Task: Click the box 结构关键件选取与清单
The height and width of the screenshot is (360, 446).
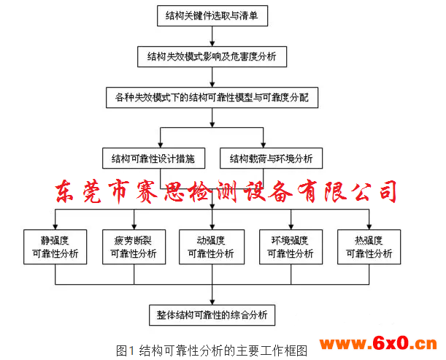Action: pyautogui.click(x=212, y=15)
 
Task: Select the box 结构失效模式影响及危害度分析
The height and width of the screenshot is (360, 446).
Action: pyautogui.click(x=212, y=57)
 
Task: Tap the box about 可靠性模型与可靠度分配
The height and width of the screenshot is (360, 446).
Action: pyautogui.click(x=212, y=98)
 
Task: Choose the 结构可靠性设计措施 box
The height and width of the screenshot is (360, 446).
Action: pyautogui.click(x=153, y=158)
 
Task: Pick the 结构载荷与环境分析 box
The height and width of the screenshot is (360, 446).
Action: pyautogui.click(x=271, y=158)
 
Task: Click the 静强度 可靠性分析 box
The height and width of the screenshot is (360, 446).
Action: pyautogui.click(x=55, y=247)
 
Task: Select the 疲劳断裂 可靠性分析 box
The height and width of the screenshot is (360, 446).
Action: pyautogui.click(x=134, y=247)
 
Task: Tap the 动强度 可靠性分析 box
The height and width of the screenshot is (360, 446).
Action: pyautogui.click(x=212, y=247)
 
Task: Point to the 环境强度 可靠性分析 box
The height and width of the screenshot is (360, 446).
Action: pyautogui.click(x=291, y=247)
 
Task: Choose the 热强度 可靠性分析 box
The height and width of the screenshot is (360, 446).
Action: pyautogui.click(x=369, y=247)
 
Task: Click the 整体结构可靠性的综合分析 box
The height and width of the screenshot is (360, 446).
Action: pyautogui.click(x=212, y=315)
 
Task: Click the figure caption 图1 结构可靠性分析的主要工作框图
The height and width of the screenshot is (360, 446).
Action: pyautogui.click(x=212, y=351)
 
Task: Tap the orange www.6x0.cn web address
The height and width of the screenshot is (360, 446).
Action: pyautogui.click(x=378, y=343)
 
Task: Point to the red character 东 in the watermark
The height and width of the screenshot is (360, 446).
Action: pyautogui.click(x=64, y=191)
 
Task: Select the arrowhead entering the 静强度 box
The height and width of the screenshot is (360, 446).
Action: pyautogui.click(x=55, y=226)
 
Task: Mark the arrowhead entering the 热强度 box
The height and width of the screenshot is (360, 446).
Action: pyautogui.click(x=369, y=226)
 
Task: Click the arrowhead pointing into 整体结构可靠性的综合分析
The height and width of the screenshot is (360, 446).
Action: pyautogui.click(x=212, y=302)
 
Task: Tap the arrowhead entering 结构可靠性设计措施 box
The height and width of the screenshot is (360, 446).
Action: pyautogui.click(x=161, y=145)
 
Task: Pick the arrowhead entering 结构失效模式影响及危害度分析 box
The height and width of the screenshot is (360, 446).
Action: pyautogui.click(x=212, y=43)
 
